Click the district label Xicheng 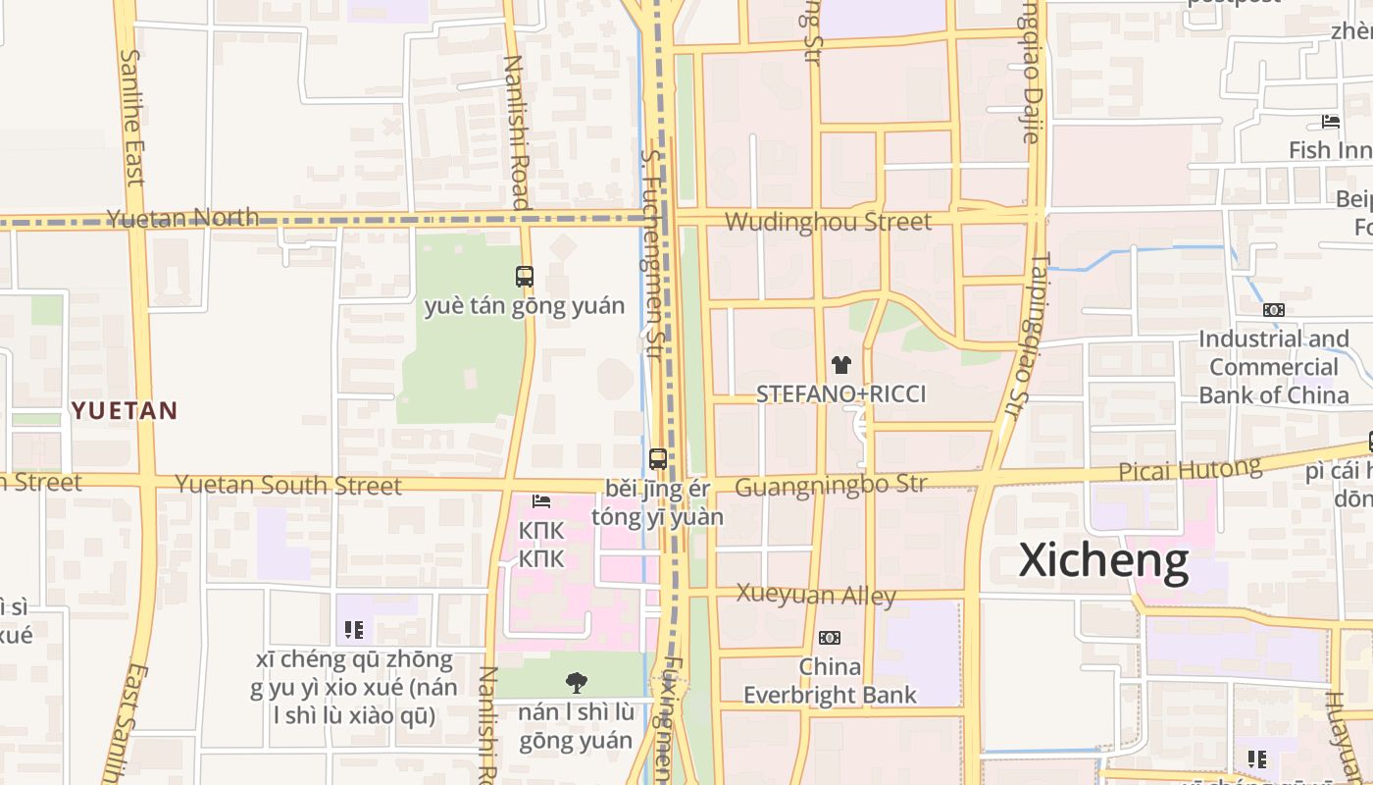(x=1103, y=561)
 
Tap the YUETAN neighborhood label (x=125, y=410)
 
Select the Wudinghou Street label (x=828, y=222)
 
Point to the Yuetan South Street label (x=287, y=485)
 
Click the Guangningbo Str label (x=830, y=485)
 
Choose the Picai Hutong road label (x=1190, y=470)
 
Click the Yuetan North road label (x=182, y=218)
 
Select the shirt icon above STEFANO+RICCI (x=840, y=365)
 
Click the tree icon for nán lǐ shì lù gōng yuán (x=576, y=682)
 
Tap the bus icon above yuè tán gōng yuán (x=525, y=277)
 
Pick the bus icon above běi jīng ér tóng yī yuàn (x=657, y=458)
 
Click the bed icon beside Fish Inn (x=1330, y=122)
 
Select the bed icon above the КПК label (x=540, y=501)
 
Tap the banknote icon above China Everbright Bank (x=829, y=638)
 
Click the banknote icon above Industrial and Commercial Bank (x=1273, y=310)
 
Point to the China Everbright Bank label (x=830, y=681)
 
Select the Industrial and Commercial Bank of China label (x=1273, y=367)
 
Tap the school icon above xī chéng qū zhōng (x=354, y=629)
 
